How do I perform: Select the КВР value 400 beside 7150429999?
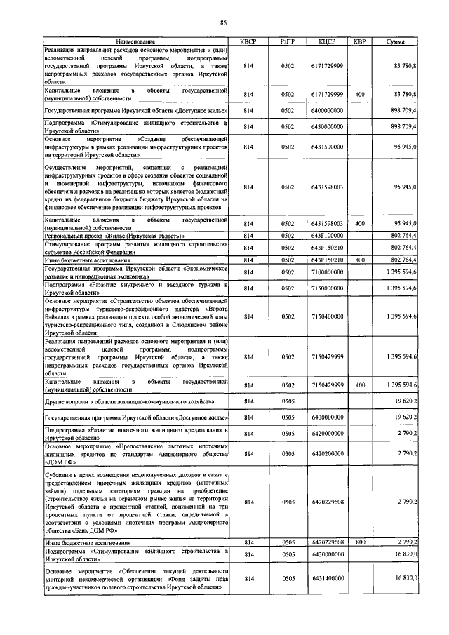tap(360, 385)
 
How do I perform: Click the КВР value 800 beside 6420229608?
tap(360, 542)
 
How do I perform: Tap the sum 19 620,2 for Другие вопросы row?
tap(406, 401)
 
